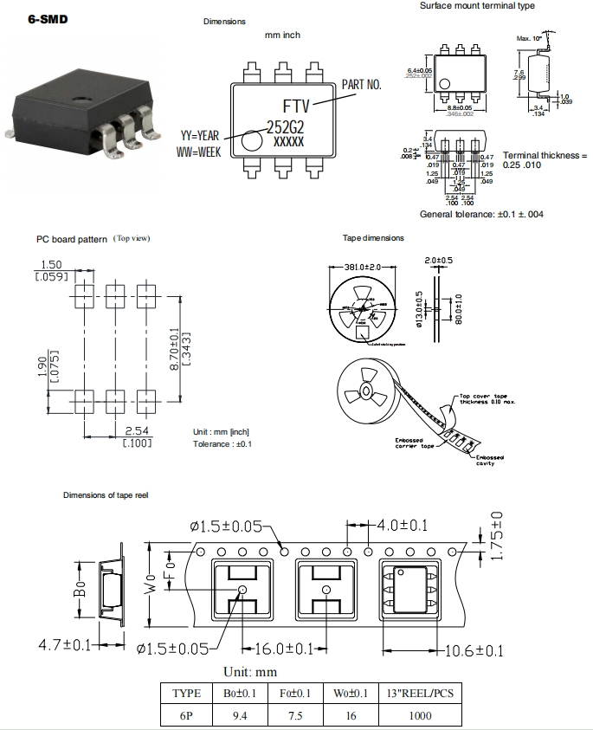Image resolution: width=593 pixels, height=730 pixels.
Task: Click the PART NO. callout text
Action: [x=362, y=84]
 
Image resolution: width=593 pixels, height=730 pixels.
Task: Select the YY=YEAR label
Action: [x=200, y=136]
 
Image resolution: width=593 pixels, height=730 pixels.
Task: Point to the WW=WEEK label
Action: [x=199, y=152]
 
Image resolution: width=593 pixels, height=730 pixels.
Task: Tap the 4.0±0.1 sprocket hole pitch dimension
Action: [x=403, y=526]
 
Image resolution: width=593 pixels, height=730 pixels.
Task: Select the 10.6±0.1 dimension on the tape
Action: [x=474, y=651]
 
